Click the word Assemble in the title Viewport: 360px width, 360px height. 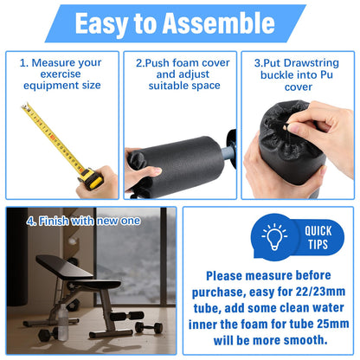click(x=219, y=23)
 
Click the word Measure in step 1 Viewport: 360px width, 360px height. click(x=49, y=62)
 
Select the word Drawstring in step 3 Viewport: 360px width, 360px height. click(x=309, y=64)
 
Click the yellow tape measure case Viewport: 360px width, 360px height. click(x=92, y=179)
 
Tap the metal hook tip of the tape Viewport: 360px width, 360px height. click(x=25, y=106)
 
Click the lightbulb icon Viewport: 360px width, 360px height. click(x=274, y=236)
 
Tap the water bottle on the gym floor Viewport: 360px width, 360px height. click(x=63, y=322)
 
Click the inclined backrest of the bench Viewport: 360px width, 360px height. click(x=64, y=267)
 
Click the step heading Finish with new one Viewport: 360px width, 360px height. click(x=84, y=221)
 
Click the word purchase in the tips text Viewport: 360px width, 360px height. click(x=219, y=292)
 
